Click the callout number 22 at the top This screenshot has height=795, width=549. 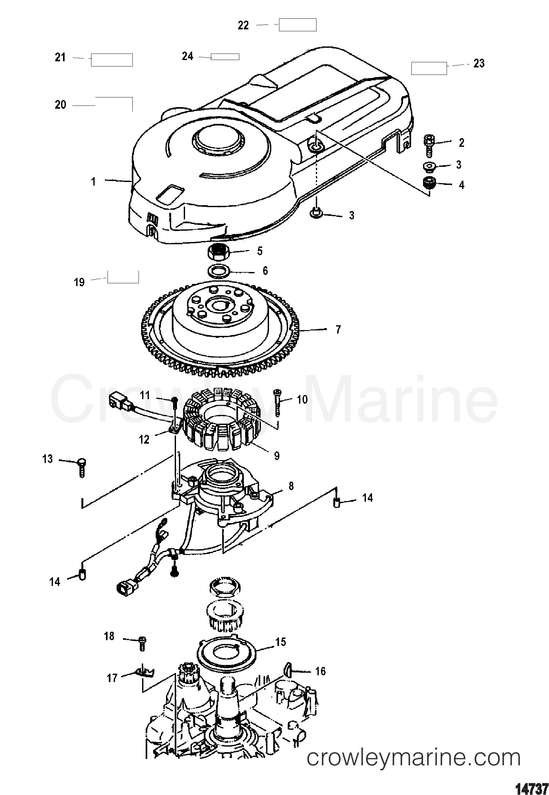243,25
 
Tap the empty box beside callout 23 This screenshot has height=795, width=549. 429,68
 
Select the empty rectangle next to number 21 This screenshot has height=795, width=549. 111,60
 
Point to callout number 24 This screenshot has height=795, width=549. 188,56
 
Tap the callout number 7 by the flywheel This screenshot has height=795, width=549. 338,330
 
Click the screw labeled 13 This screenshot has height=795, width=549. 82,467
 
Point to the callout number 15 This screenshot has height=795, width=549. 280,641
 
